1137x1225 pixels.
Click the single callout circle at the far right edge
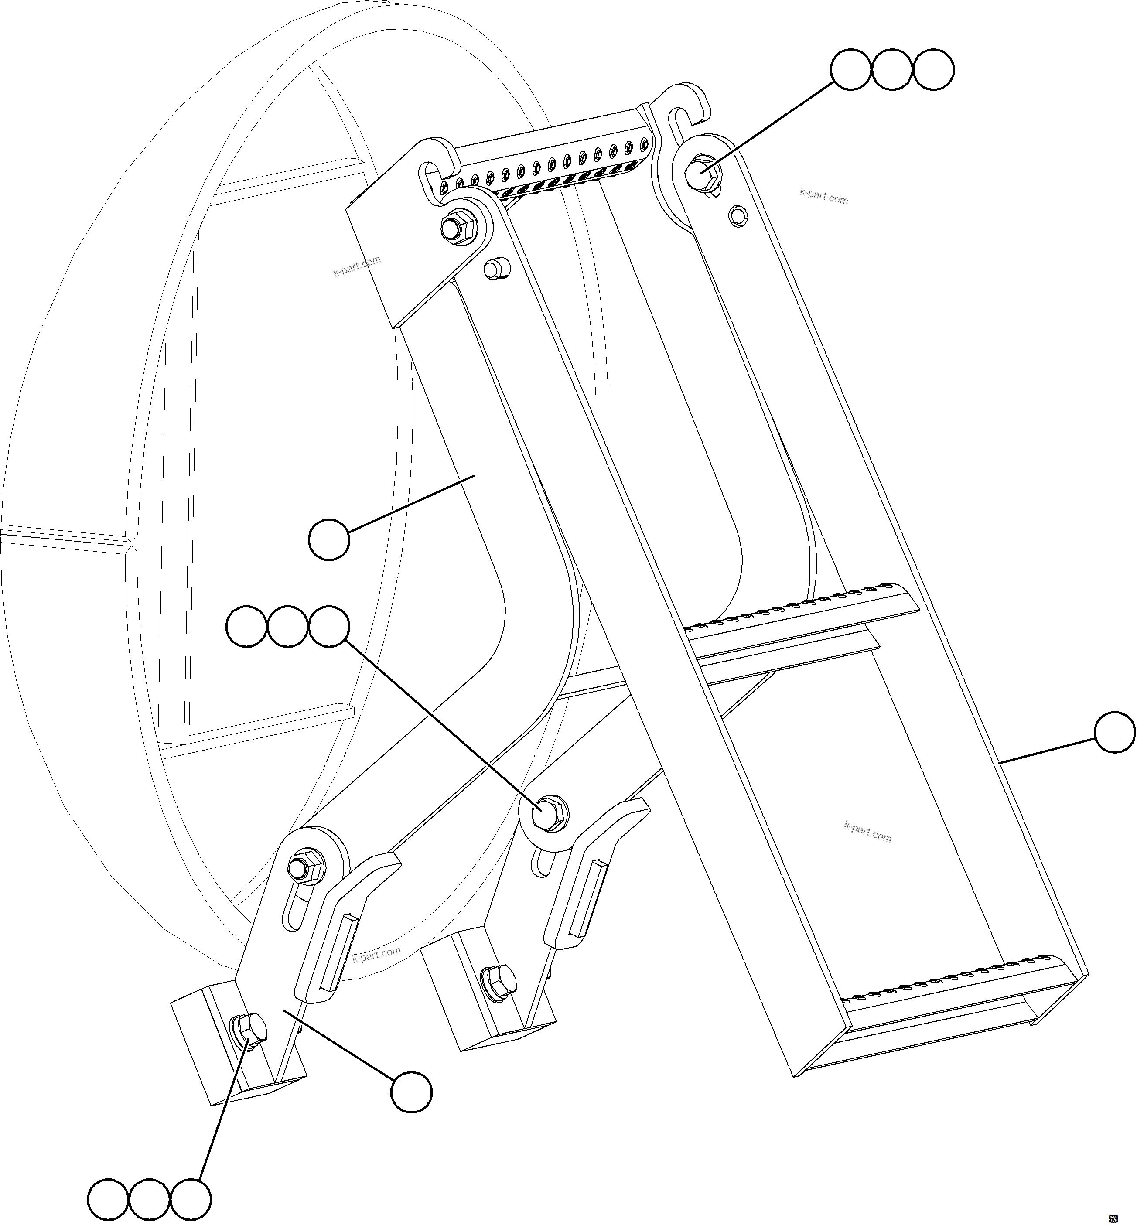[x=1115, y=732]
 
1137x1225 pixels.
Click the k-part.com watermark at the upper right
[x=823, y=196]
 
